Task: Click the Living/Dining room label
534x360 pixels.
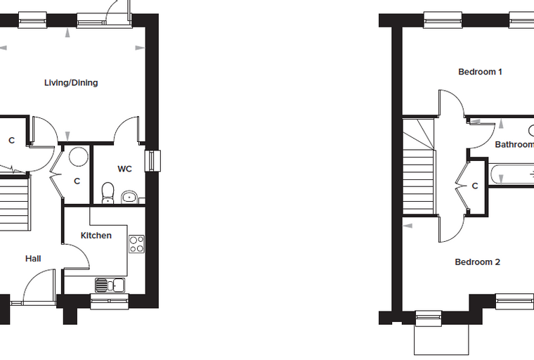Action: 71,83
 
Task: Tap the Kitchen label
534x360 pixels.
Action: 96,236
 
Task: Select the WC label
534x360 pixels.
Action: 124,169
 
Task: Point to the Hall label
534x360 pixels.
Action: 33,259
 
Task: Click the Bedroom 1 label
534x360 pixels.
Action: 480,72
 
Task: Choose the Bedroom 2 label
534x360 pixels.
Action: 478,262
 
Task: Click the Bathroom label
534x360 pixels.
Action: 514,145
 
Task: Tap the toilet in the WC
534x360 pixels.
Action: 108,193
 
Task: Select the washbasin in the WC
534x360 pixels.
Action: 129,197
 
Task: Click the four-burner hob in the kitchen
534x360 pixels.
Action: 136,244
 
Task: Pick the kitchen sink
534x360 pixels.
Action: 110,285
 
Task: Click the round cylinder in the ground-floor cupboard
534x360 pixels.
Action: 79,157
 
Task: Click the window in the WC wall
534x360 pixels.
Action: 152,161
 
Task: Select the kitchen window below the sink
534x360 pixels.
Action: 110,302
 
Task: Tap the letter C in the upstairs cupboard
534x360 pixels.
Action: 475,186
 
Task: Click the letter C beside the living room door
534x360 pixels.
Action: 11,141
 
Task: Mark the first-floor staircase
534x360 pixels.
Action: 419,167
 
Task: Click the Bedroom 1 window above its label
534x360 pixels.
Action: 443,20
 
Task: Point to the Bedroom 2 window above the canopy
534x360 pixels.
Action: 429,319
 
